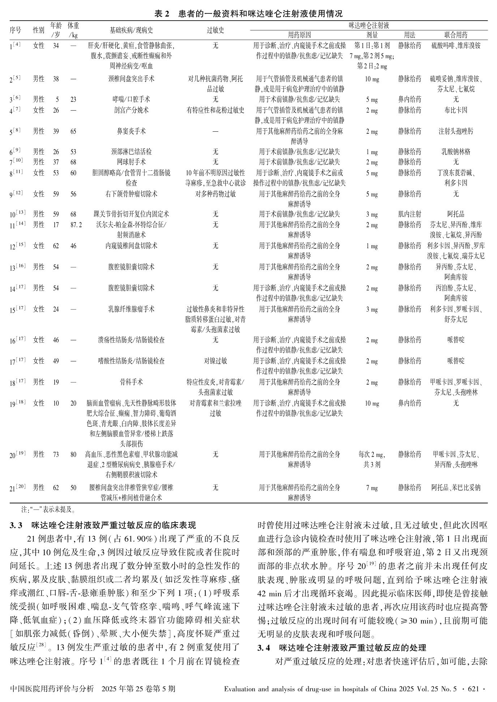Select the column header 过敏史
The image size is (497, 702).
pos(215,30)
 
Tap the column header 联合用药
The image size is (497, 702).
pos(455,35)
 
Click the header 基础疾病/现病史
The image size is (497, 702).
pos(132,30)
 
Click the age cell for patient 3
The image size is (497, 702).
pos(56,99)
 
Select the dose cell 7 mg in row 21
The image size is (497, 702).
pos(372,488)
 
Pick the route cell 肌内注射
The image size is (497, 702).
pos(410,214)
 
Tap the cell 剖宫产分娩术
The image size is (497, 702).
pos(132,110)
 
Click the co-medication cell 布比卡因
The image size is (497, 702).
pos(455,110)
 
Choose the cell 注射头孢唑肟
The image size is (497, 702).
pos(455,131)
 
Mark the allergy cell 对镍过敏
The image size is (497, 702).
pos(215,361)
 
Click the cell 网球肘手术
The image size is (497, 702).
pos(132,162)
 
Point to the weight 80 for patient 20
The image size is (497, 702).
pos(73,454)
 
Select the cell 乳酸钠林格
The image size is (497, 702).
pos(455,151)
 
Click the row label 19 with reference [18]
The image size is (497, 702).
pos(17,403)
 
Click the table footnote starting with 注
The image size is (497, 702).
pos(48,510)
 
